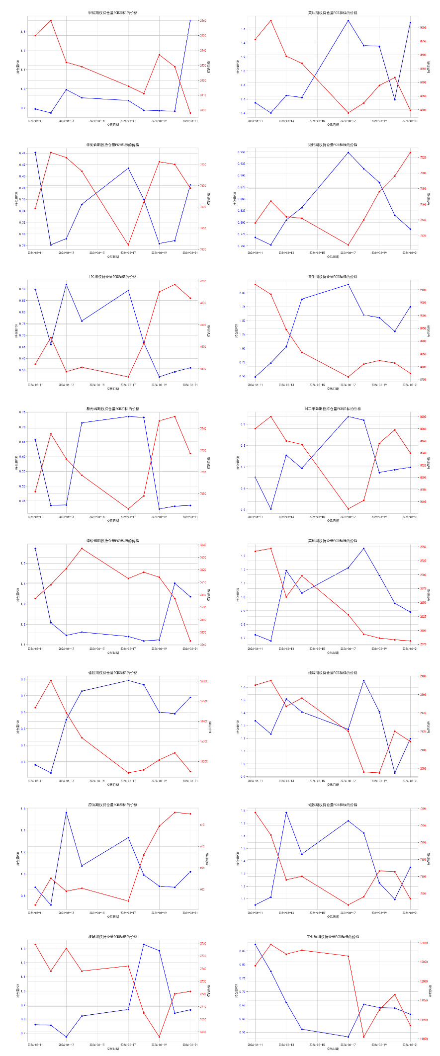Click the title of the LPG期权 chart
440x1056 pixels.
[113, 277]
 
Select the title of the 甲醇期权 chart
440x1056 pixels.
[113, 13]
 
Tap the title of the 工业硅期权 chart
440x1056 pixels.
[333, 937]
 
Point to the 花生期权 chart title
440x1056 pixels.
[333, 277]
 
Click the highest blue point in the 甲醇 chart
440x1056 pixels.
[190, 20]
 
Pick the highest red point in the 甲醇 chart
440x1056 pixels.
[51, 20]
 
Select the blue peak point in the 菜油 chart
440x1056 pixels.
[348, 20]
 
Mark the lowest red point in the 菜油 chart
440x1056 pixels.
[348, 113]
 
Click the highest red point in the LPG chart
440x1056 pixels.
[175, 284]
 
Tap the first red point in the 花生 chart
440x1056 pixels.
[255, 284]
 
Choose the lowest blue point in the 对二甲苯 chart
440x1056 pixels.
[271, 509]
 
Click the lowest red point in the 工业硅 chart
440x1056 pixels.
[364, 1037]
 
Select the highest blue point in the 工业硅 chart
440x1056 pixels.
[255, 944]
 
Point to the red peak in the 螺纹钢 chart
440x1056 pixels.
[82, 548]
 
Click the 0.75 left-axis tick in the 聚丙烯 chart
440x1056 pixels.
[23, 412]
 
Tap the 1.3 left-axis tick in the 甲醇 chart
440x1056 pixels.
[23, 32]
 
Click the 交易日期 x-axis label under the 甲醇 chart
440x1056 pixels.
[113, 125]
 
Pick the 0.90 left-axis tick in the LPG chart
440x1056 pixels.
[22, 289]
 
